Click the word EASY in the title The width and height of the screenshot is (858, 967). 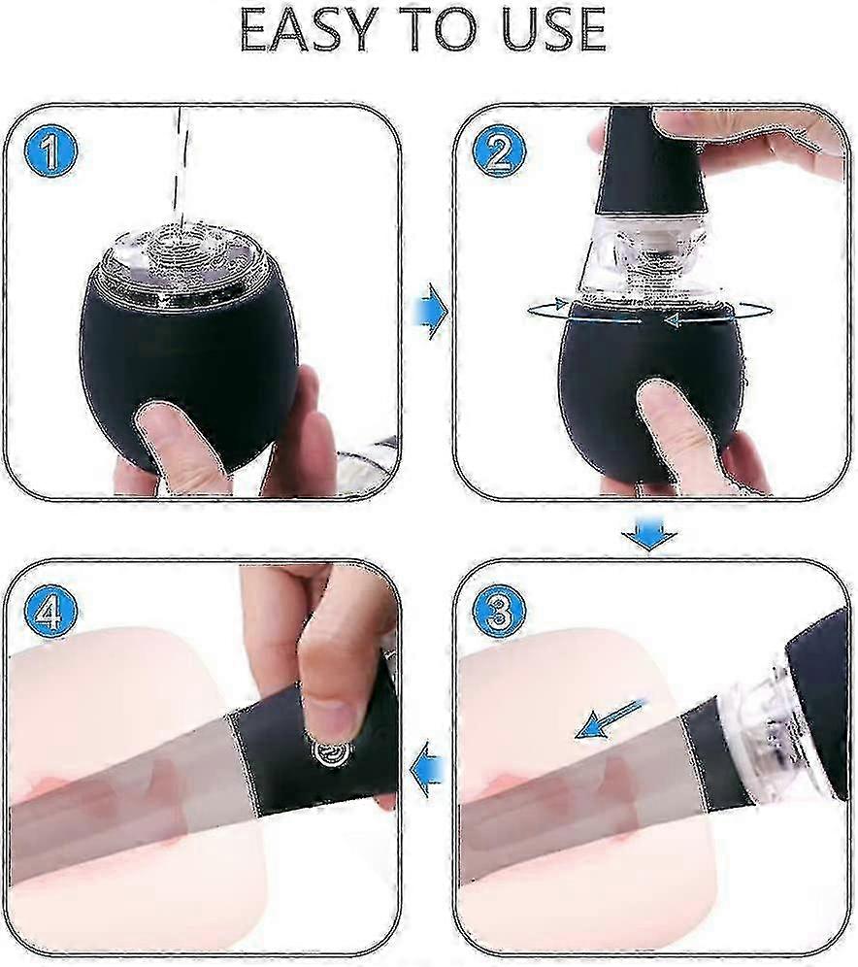click(307, 29)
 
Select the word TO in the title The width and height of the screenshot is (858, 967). click(437, 29)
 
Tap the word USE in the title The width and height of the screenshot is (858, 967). click(554, 29)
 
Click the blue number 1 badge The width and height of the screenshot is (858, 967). click(51, 151)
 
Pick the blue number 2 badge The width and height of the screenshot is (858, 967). click(499, 151)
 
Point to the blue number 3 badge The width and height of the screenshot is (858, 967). click(499, 612)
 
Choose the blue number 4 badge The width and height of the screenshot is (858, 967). click(51, 612)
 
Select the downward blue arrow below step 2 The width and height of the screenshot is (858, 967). click(649, 535)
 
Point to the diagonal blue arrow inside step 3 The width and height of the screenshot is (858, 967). click(611, 718)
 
